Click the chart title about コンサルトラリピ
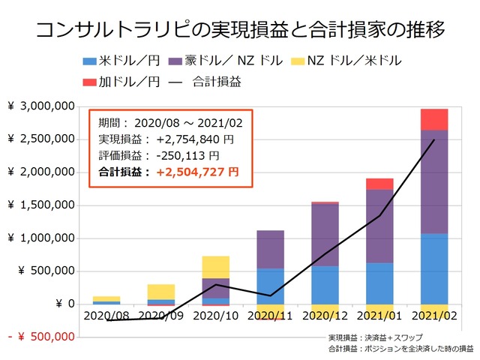click(240, 30)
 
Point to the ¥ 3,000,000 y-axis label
click(41, 106)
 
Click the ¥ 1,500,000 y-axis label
click(41, 205)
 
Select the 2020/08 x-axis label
click(106, 316)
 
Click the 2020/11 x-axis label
click(270, 316)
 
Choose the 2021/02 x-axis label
click(433, 316)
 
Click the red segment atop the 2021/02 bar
click(433, 119)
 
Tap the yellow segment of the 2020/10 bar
click(215, 267)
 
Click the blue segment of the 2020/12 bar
click(325, 285)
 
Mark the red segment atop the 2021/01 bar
click(379, 184)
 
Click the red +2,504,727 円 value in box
click(197, 172)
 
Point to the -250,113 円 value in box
click(187, 157)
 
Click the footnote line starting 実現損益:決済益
click(380, 339)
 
